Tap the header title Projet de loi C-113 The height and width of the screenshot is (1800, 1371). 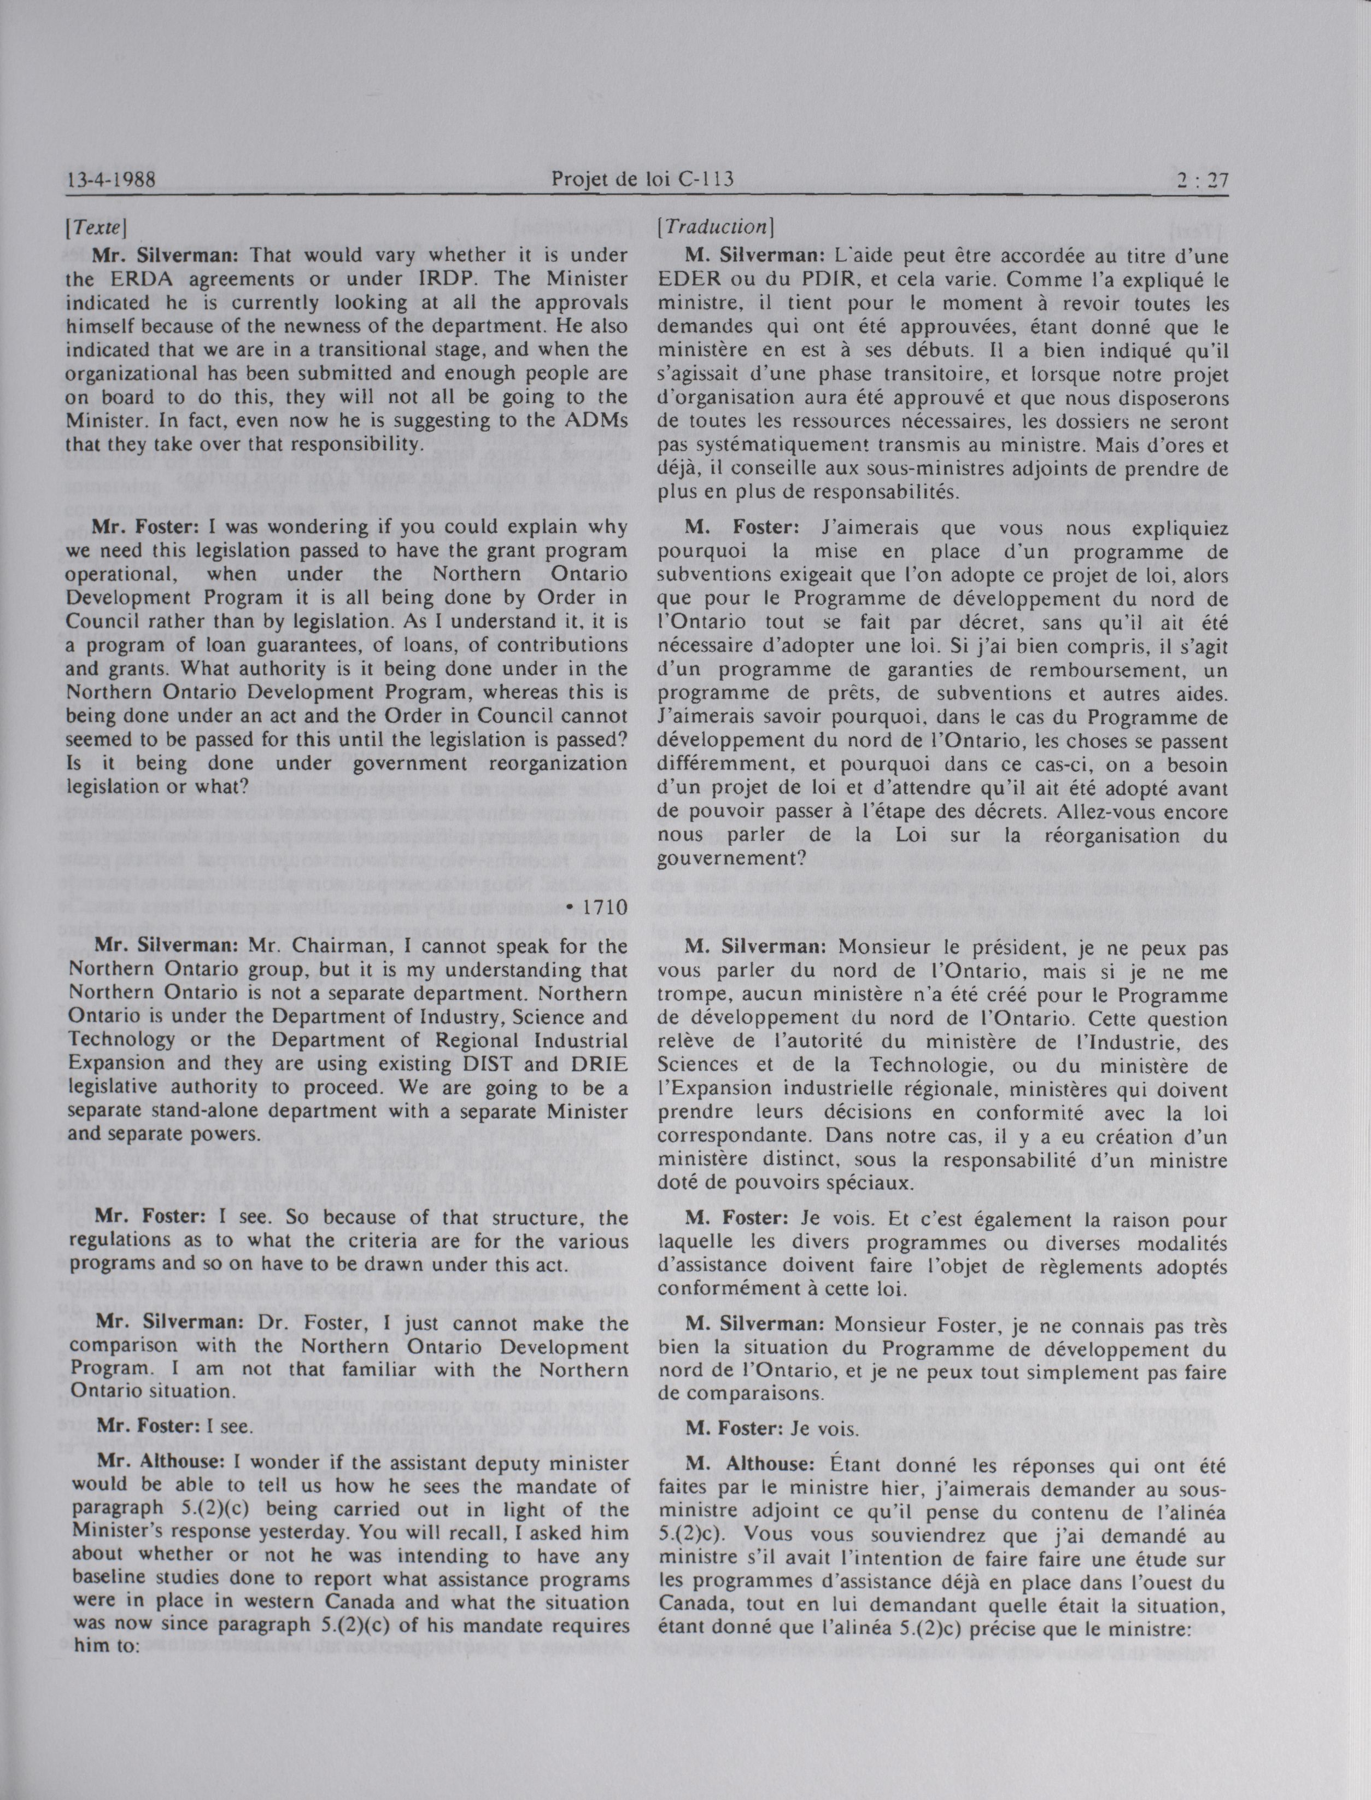(643, 179)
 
